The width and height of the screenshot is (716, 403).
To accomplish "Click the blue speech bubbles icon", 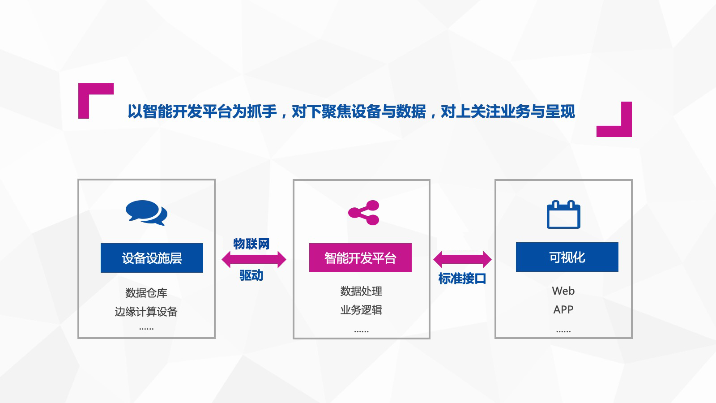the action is tap(146, 212).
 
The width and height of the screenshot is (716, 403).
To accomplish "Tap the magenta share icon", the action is tap(364, 213).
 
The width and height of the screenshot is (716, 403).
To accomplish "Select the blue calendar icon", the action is tap(563, 214).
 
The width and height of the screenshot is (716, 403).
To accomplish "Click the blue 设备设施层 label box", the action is tap(152, 258).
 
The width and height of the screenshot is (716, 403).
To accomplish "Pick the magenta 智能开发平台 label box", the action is tap(360, 258).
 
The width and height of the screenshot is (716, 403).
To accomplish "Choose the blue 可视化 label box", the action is tap(567, 257).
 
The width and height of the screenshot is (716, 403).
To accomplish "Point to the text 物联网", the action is tap(251, 244).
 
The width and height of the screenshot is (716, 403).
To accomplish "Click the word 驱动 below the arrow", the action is tap(251, 275).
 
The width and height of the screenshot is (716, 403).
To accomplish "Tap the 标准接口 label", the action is tap(462, 279).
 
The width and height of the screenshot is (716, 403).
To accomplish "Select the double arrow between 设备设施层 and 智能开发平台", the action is tap(254, 259).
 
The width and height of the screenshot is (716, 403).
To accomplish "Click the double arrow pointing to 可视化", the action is tap(462, 259).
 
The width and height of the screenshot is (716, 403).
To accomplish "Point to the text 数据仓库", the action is tap(146, 293).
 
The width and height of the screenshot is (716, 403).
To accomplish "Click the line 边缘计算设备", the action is tap(146, 311).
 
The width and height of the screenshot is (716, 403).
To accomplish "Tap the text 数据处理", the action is tap(361, 291).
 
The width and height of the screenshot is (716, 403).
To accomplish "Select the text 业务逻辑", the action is tap(361, 309).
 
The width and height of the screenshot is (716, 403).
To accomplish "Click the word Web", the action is tap(563, 291).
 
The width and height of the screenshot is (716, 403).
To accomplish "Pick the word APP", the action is tap(563, 309).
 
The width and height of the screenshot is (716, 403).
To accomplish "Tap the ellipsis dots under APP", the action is tap(563, 331).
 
